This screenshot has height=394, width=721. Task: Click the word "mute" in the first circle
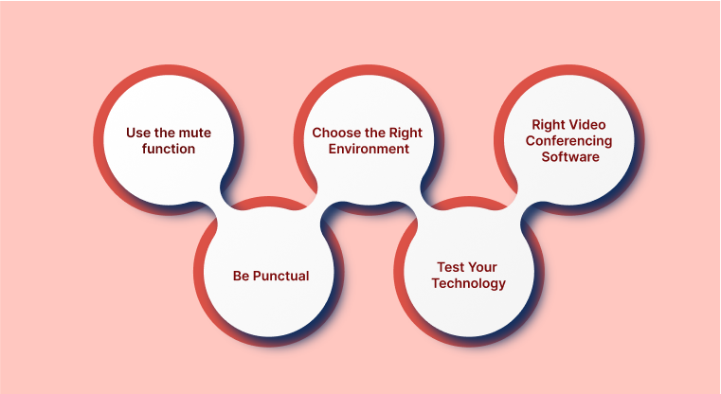coord(194,133)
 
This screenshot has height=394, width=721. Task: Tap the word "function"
coord(169,149)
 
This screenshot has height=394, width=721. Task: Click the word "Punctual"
coord(281,276)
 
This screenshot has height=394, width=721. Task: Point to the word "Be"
coord(241,276)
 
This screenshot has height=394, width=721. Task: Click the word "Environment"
coord(369,149)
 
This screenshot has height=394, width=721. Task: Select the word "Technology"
coord(469,284)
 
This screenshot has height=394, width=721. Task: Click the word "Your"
coord(482,267)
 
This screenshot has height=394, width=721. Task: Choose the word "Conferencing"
coord(568,141)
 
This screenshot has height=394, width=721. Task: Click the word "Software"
coord(570,157)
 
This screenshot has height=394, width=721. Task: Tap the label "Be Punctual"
coord(271,276)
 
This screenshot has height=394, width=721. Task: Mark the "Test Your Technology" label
coord(469,276)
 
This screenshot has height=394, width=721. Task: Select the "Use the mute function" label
coord(169,141)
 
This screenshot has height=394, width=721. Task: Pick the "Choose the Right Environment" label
coord(367,141)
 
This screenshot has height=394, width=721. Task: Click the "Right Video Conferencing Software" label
coord(568,141)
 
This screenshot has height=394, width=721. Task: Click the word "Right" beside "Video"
coord(549,125)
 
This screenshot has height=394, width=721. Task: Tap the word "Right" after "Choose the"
coord(406,134)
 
